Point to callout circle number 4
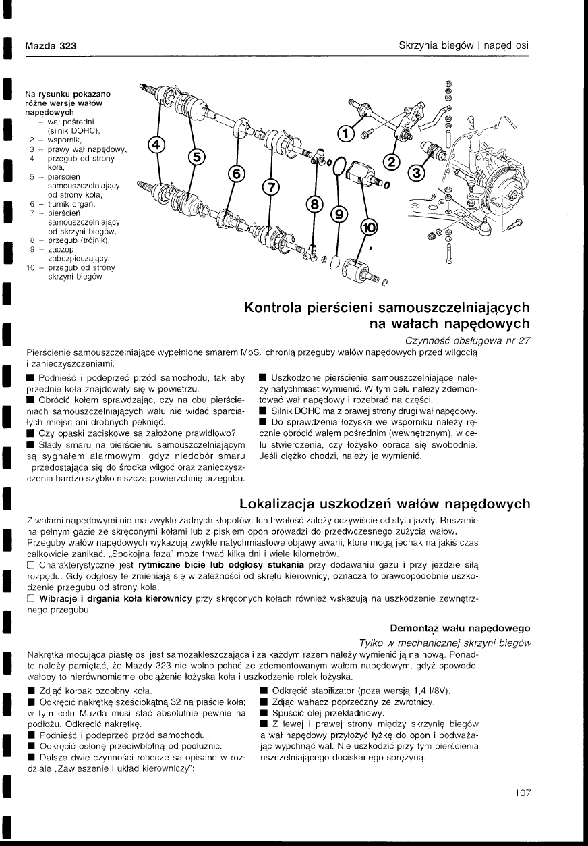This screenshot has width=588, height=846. click(x=156, y=145)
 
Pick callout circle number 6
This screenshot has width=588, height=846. click(x=237, y=174)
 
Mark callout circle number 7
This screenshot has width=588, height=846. click(x=270, y=188)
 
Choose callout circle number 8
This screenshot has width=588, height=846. click(x=314, y=204)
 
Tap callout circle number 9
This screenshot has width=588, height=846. click(x=339, y=215)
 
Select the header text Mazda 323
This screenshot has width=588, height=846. click(x=50, y=46)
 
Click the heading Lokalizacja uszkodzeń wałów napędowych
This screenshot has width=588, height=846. click(x=384, y=504)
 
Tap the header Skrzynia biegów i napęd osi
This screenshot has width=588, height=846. click(x=463, y=46)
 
